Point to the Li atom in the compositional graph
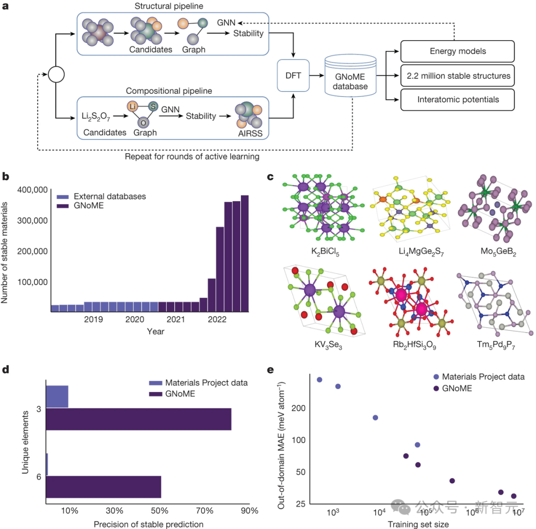[132, 107]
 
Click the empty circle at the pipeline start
[57, 75]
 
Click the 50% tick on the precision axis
[159, 511]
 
